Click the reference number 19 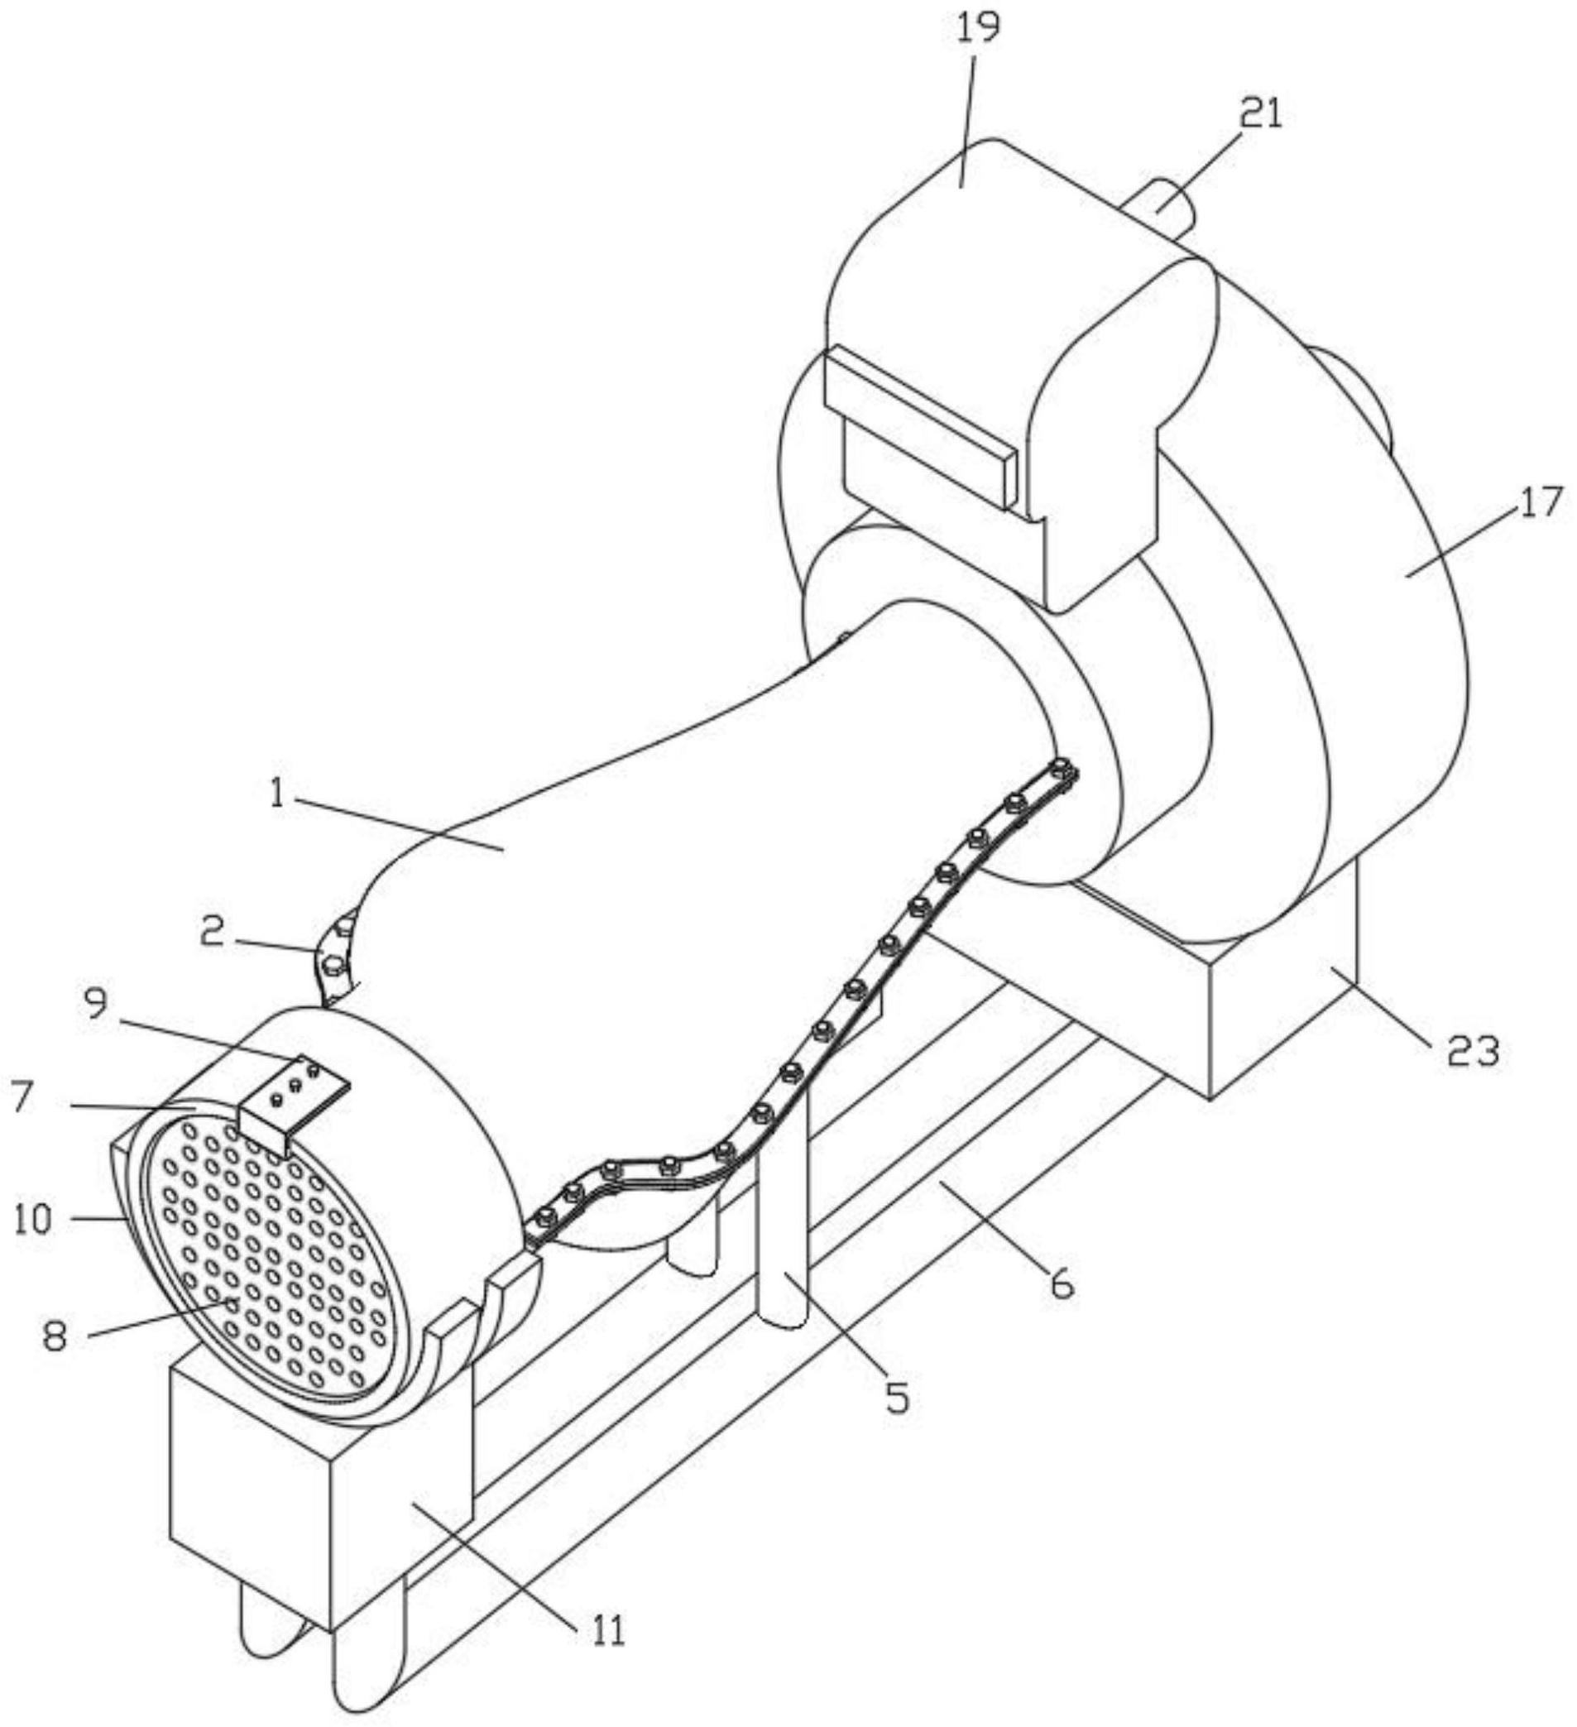[x=979, y=28]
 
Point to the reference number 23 [x=1474, y=1051]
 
